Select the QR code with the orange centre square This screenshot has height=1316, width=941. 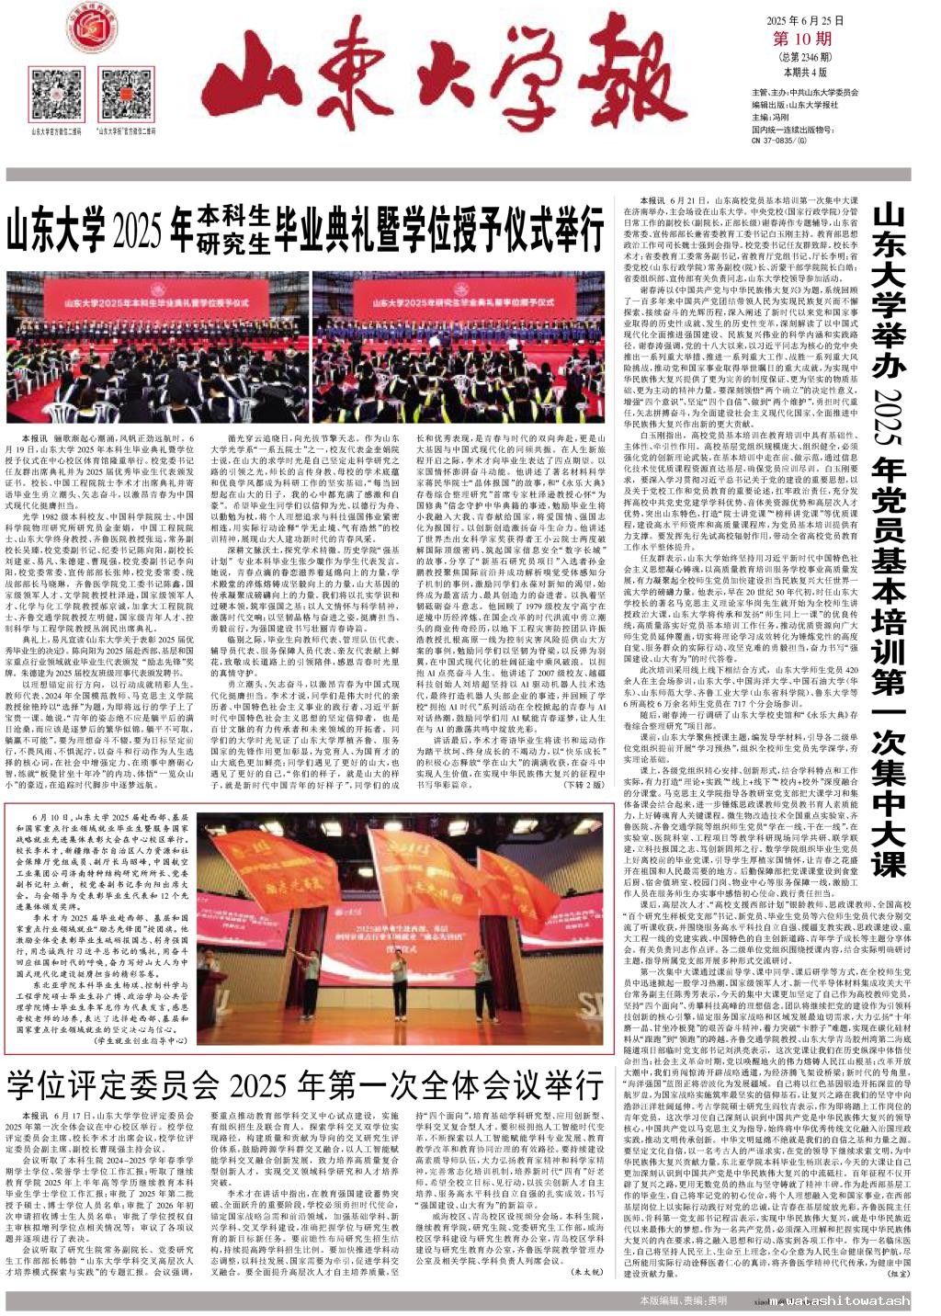click(121, 95)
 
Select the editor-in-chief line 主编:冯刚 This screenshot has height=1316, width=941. click(771, 117)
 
